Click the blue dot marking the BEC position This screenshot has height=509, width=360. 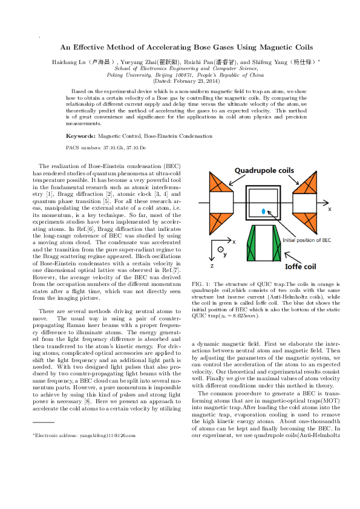coord(263,210)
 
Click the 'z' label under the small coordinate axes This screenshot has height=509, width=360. coord(212,265)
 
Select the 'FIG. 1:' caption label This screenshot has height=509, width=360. coord(200,284)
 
